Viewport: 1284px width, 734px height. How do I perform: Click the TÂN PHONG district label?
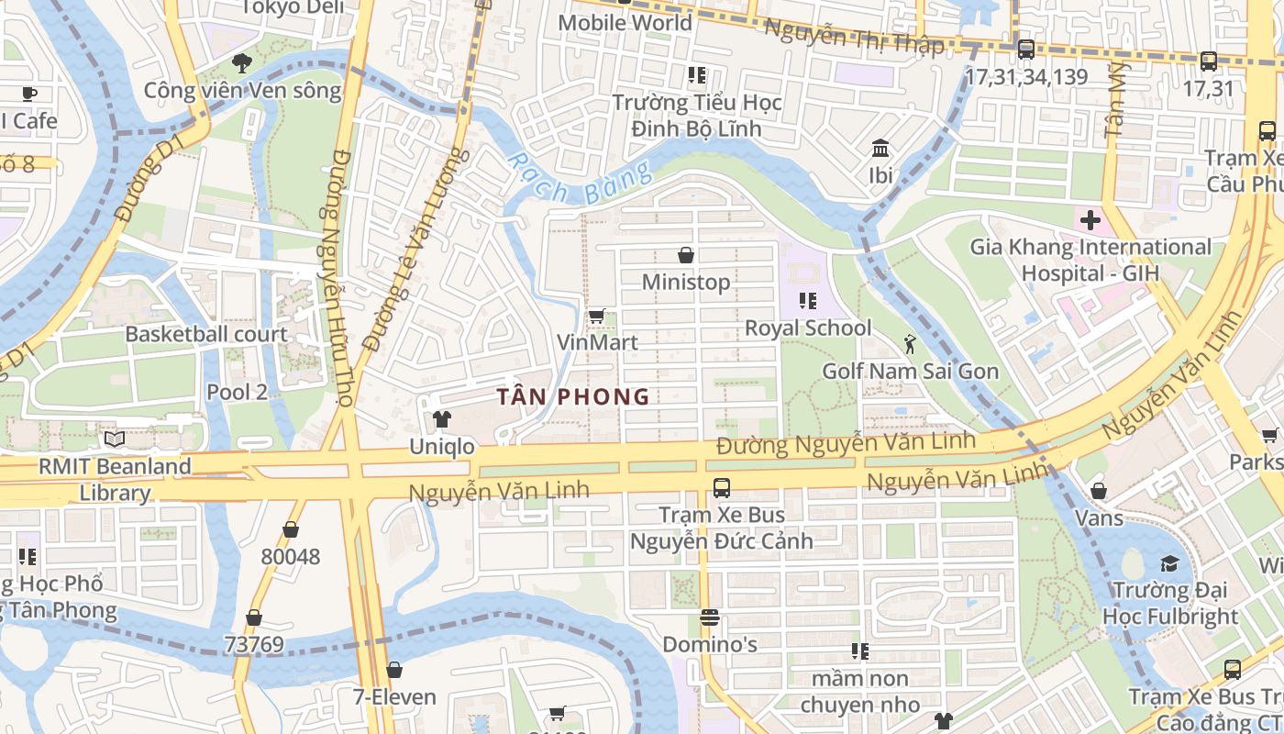(x=573, y=397)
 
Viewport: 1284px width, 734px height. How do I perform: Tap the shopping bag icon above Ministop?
(x=685, y=254)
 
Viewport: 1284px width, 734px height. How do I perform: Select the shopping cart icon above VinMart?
(x=596, y=317)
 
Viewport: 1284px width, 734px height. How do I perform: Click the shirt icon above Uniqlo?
(x=442, y=419)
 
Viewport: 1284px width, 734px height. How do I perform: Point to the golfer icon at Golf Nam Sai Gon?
(x=909, y=345)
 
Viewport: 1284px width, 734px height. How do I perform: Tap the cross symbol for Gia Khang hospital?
(x=1090, y=220)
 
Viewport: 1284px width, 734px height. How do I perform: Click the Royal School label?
(x=807, y=328)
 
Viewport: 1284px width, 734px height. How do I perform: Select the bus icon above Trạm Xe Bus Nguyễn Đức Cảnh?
(x=721, y=487)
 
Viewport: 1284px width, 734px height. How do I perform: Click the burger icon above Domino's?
(x=709, y=617)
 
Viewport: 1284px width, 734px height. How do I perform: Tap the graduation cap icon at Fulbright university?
(x=1168, y=562)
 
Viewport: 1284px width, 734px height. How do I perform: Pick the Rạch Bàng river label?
(x=580, y=179)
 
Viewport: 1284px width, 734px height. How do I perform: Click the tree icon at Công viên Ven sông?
(x=242, y=63)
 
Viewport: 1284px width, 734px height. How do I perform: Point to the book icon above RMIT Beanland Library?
(x=115, y=439)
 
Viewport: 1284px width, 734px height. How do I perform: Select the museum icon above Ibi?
(x=880, y=148)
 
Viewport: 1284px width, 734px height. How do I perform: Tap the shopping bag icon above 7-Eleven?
(x=394, y=671)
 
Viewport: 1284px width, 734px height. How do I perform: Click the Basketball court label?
(x=206, y=334)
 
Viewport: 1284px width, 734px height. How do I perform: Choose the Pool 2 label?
(x=237, y=392)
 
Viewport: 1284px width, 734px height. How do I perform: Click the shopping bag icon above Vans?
(x=1098, y=492)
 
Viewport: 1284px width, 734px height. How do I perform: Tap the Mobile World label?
(x=625, y=21)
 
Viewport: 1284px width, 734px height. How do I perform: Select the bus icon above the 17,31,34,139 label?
(x=1025, y=50)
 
